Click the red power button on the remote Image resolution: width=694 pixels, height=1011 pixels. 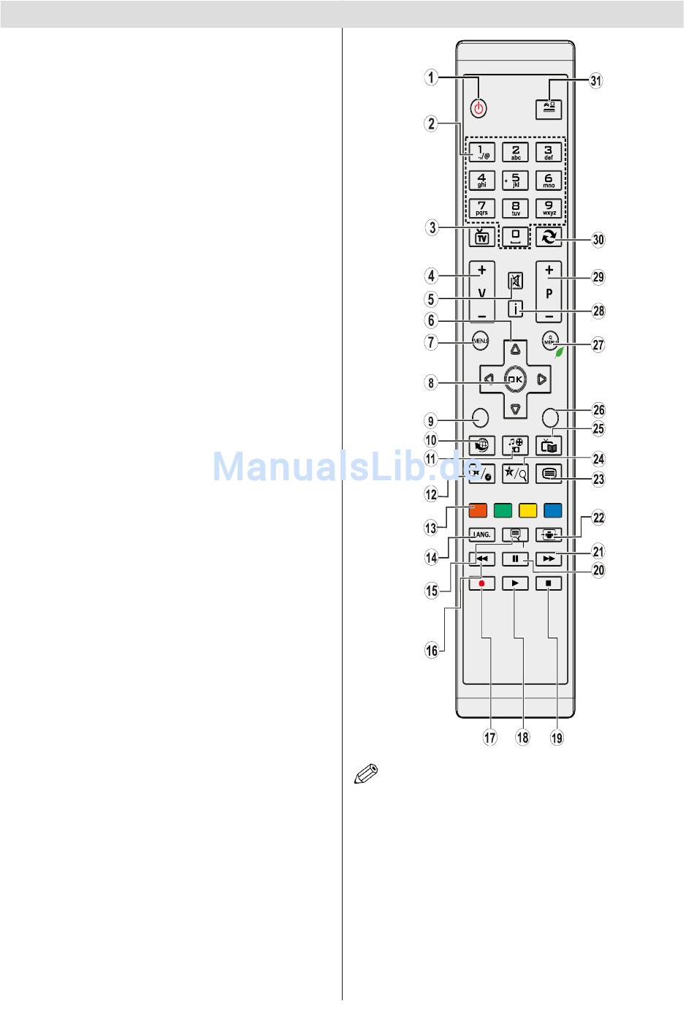tap(478, 109)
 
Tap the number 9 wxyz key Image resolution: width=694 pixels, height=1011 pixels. tap(549, 208)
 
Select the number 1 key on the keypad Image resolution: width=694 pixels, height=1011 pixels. tap(481, 152)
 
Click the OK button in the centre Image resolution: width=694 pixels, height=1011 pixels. tap(516, 379)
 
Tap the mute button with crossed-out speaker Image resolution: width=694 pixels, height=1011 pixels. tap(516, 281)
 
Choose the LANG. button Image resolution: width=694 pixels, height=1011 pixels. tap(481, 535)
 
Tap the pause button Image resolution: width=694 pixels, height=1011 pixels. tap(516, 559)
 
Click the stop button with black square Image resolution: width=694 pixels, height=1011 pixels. tap(549, 583)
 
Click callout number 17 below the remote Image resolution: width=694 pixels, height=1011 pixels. tap(489, 738)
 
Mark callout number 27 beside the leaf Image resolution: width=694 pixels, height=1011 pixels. tap(598, 344)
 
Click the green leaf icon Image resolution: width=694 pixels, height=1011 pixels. tap(560, 351)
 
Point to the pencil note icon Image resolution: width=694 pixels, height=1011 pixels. tap(366, 775)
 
